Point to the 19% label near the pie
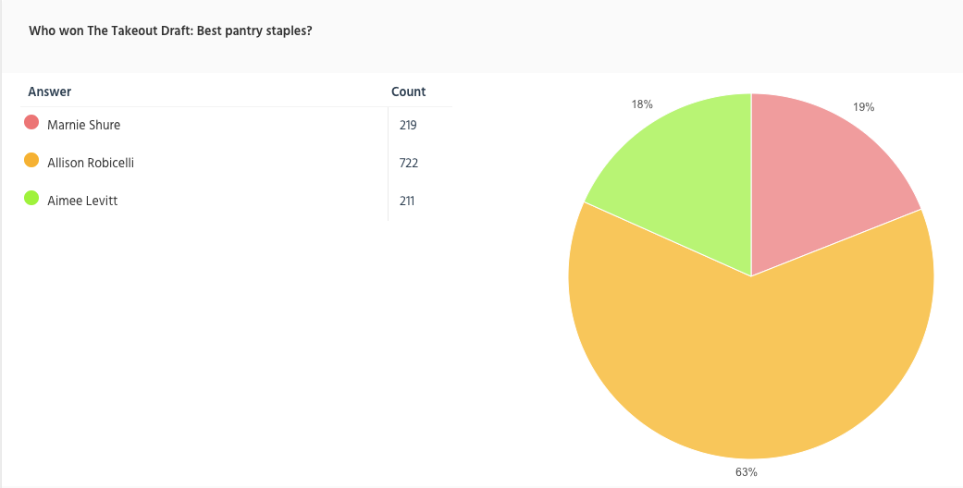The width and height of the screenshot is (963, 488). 864,107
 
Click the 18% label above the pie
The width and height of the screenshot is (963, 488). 642,104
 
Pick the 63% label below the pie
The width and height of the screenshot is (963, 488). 747,472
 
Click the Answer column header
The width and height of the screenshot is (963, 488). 50,91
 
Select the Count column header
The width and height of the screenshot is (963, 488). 408,91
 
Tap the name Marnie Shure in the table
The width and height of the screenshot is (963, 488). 83,125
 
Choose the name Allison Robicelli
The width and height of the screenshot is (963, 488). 91,163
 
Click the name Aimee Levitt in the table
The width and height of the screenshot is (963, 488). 82,201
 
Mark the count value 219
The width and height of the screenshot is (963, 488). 408,125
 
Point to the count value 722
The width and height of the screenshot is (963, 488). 409,163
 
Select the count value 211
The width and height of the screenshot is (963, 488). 407,201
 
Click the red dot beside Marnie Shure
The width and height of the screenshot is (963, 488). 31,123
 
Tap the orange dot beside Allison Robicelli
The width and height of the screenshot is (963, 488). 31,161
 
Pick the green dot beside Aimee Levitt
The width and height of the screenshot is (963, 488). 31,199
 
